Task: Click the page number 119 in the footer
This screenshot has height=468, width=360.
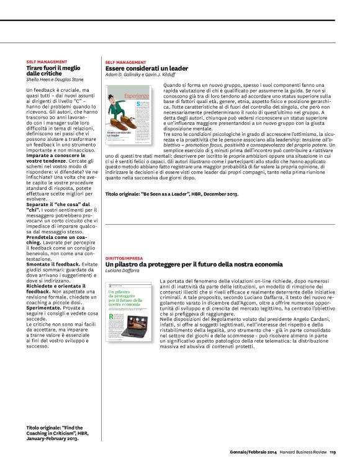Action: (332, 452)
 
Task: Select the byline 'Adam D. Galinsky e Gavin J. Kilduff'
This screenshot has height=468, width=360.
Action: (143, 74)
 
